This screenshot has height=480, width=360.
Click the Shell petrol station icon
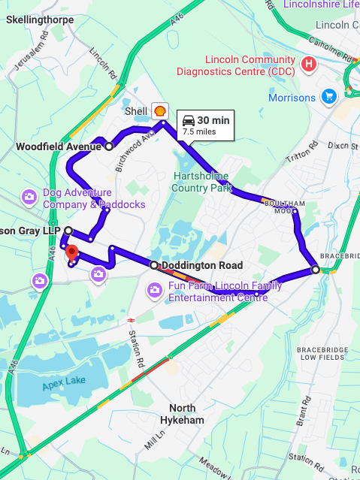[x=159, y=110]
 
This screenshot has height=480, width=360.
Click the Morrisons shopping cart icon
[x=328, y=96]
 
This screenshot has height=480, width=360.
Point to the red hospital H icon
[x=307, y=65]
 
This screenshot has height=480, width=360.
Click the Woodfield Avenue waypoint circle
[x=109, y=146]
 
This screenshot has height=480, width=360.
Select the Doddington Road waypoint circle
[x=153, y=265]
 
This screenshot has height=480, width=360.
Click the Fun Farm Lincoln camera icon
[x=154, y=290]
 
